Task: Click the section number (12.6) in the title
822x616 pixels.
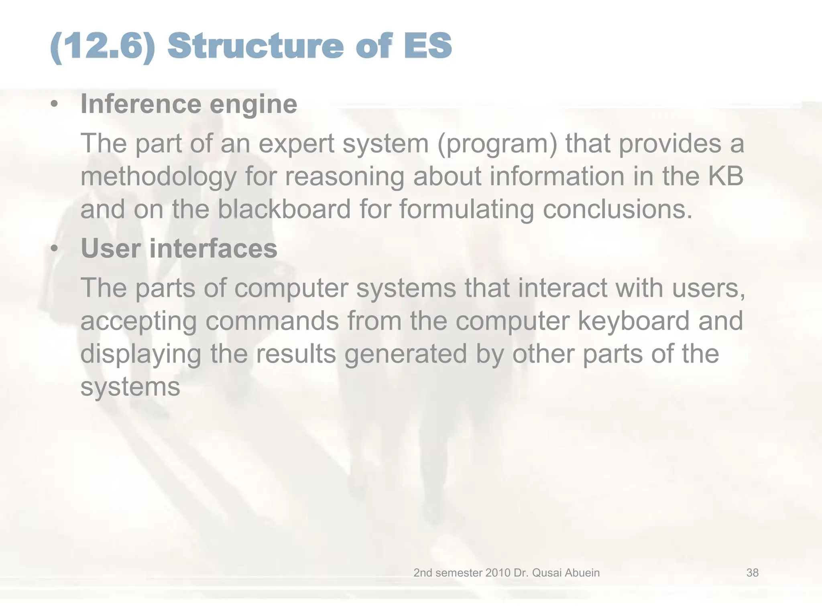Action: (x=103, y=47)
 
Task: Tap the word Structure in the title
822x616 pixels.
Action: (x=255, y=46)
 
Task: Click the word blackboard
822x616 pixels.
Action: (x=284, y=209)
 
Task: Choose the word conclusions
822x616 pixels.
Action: (x=618, y=209)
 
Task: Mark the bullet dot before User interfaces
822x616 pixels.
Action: (x=54, y=249)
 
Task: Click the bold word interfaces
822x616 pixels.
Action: (x=213, y=248)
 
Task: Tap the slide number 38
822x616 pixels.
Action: (x=752, y=573)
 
